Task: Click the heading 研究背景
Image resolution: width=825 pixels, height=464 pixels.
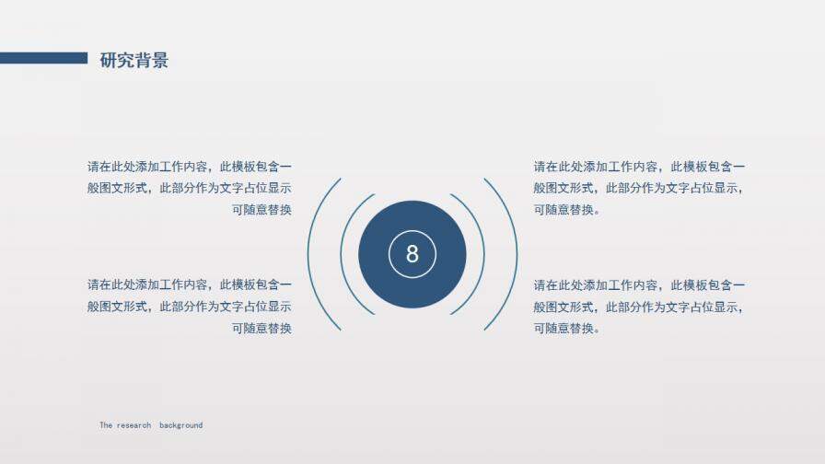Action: [x=134, y=61]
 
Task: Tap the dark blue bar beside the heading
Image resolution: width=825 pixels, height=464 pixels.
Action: [x=43, y=58]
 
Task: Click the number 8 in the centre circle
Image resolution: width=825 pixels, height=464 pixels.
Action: [x=412, y=254]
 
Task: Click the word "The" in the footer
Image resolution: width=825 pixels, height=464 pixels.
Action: [x=106, y=425]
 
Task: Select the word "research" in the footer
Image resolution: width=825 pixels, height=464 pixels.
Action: [x=134, y=425]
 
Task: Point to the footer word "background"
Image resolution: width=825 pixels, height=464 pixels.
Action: [x=180, y=425]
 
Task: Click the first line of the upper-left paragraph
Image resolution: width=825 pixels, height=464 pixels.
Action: [x=190, y=167]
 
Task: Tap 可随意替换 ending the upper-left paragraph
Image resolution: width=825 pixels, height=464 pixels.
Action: [x=261, y=210]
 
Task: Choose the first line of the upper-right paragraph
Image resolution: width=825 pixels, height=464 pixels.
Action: [x=640, y=167]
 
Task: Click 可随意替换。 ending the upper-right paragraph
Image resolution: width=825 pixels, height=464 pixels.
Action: [x=567, y=210]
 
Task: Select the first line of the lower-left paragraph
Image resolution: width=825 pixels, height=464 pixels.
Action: [x=190, y=285]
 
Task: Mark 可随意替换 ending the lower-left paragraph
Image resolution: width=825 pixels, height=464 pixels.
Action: [x=261, y=329]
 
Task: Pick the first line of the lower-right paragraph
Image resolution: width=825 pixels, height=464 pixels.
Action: [x=640, y=285]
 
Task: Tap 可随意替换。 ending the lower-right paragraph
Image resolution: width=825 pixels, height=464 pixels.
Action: [x=567, y=329]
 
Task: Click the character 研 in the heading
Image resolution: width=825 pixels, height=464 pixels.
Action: [x=109, y=61]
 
